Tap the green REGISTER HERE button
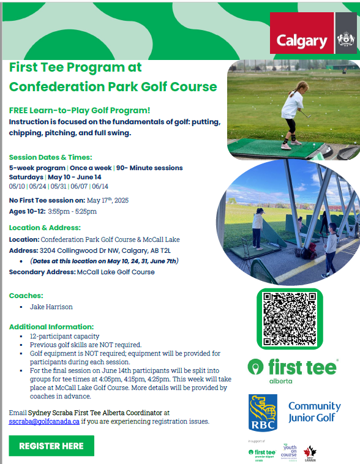[x=51, y=446]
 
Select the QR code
[x=289, y=318]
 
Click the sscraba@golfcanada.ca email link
[x=44, y=422]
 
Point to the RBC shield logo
[x=263, y=412]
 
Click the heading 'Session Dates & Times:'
[x=50, y=157]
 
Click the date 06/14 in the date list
[x=99, y=186]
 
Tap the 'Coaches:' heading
[x=26, y=296]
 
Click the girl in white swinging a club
[x=289, y=113]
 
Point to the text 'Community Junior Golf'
[x=314, y=412]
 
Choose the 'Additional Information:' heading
[x=51, y=327]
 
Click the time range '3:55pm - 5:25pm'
[x=69, y=212]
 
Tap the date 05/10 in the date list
[x=17, y=186]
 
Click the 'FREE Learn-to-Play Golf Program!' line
[x=80, y=110]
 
